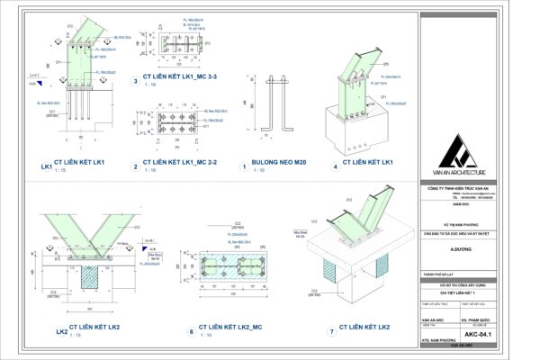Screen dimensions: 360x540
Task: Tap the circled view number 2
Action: tap(135, 166)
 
